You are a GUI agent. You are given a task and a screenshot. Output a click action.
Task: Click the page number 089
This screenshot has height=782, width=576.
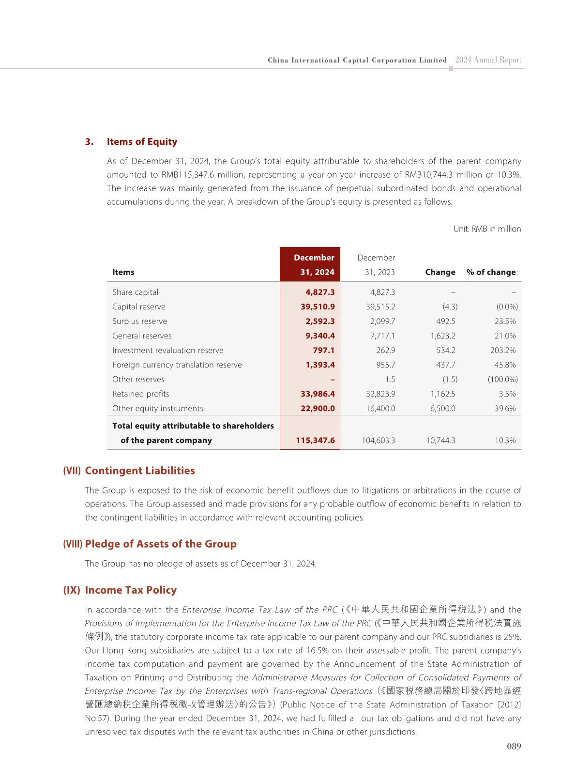(514, 746)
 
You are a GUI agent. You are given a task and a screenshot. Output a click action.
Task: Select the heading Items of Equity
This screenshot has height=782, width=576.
(142, 142)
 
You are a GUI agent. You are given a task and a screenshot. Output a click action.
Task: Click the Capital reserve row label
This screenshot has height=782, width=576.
(139, 307)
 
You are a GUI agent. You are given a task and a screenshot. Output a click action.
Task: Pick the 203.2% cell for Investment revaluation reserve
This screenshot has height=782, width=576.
(503, 351)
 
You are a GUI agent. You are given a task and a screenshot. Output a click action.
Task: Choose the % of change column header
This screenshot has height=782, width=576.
(491, 272)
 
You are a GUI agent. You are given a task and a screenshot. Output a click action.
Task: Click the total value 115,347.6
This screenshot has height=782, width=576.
(315, 441)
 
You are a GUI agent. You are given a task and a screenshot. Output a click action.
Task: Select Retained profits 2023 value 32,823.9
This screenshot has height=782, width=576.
(380, 394)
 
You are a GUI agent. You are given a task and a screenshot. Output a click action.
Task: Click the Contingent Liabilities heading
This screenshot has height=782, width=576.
(140, 471)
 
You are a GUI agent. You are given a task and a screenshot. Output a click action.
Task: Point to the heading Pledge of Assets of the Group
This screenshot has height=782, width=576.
(161, 544)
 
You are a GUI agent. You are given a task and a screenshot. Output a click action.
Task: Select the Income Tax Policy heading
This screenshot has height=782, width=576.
(131, 590)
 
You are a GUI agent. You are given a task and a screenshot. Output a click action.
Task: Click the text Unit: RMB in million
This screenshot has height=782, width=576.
(487, 229)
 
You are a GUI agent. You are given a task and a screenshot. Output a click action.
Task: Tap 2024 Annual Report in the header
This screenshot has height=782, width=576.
(488, 60)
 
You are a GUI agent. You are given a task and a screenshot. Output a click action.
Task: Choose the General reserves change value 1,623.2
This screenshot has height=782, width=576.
(443, 336)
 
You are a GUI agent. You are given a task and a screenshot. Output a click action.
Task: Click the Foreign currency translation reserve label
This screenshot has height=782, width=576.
(177, 365)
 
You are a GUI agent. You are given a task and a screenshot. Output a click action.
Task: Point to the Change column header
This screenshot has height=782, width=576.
(440, 272)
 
